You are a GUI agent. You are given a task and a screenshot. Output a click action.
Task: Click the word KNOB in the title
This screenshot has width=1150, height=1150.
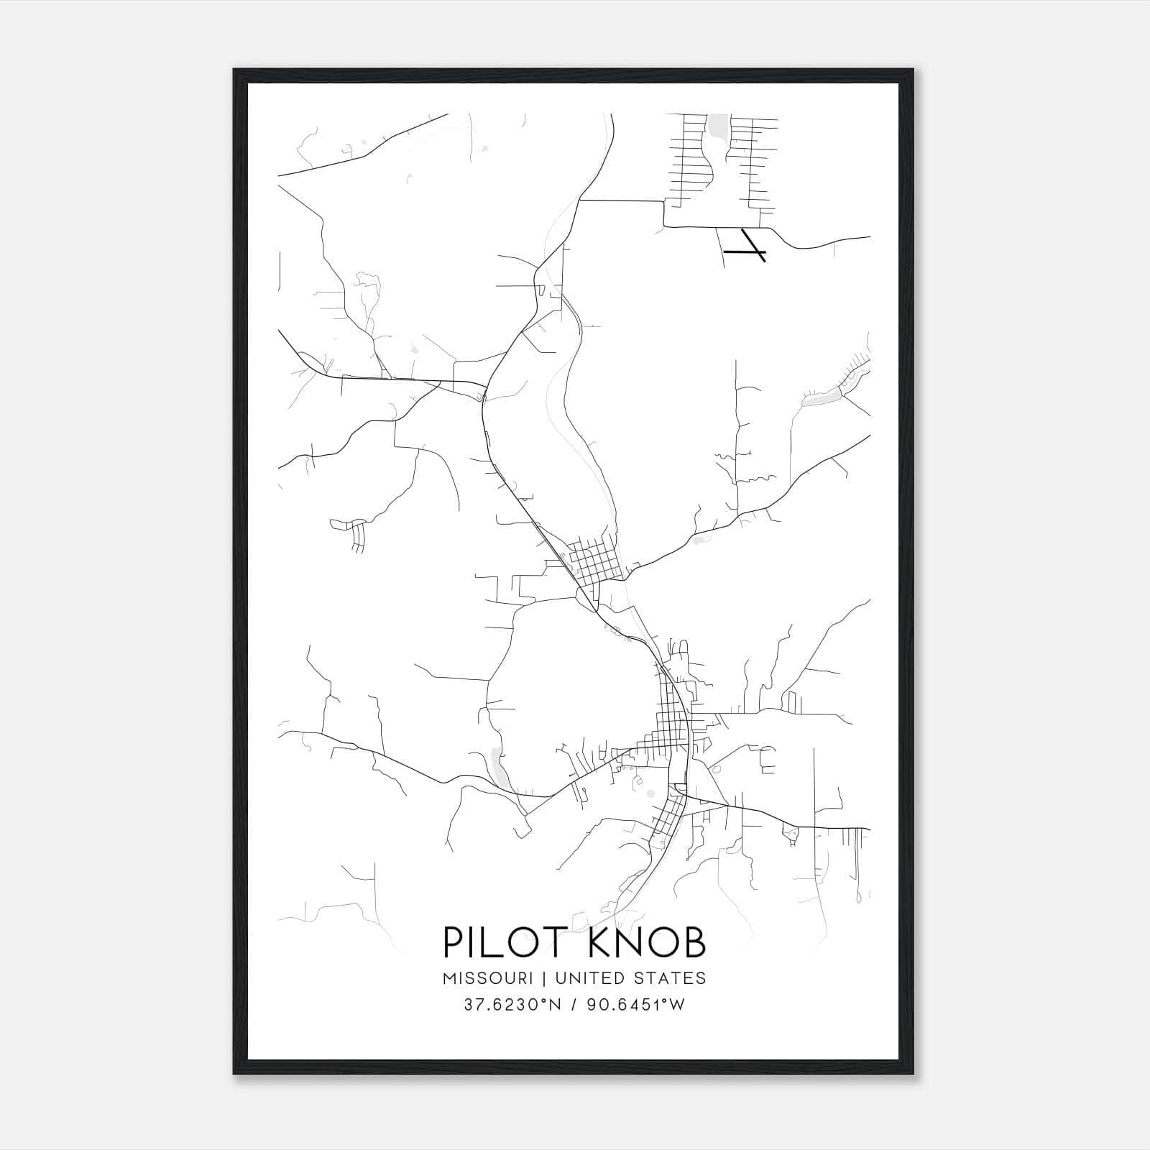(646, 942)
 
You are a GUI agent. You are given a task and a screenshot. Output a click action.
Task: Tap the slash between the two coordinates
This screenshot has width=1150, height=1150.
(573, 1005)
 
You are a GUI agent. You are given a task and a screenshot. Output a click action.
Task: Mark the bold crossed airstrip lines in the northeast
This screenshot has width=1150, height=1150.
(747, 247)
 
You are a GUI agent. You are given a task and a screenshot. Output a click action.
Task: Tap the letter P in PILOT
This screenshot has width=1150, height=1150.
(454, 942)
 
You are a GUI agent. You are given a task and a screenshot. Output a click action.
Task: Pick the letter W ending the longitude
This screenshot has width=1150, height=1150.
(677, 1005)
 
